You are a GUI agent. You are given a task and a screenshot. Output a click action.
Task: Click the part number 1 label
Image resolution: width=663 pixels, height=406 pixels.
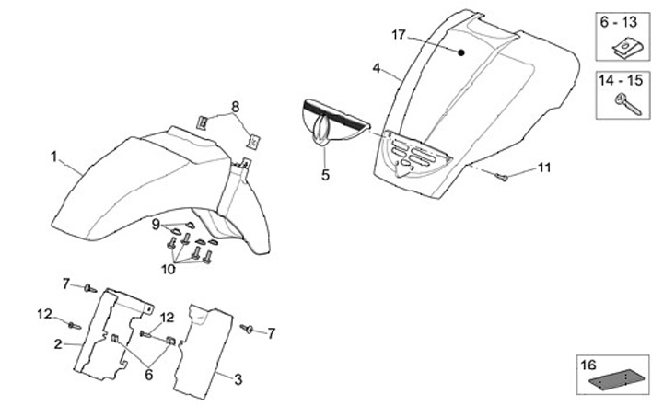(x=52, y=157)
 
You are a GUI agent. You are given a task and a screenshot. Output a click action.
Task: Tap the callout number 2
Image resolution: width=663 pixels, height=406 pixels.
(x=57, y=344)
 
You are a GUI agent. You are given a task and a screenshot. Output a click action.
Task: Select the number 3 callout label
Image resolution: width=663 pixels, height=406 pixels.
(x=239, y=378)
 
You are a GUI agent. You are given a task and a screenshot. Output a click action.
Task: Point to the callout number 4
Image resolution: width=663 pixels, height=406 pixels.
(x=377, y=68)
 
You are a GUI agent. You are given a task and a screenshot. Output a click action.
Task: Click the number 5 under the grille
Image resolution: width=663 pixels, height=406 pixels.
(x=325, y=174)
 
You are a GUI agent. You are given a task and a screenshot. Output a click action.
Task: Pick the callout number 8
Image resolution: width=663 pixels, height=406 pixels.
(x=235, y=108)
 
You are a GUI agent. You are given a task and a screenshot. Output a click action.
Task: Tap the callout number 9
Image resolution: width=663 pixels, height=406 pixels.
(x=156, y=224)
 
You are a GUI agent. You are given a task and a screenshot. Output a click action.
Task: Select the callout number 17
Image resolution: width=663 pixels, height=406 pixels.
(x=399, y=34)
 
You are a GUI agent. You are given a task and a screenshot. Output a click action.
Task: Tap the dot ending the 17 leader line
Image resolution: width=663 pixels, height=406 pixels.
(x=461, y=52)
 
